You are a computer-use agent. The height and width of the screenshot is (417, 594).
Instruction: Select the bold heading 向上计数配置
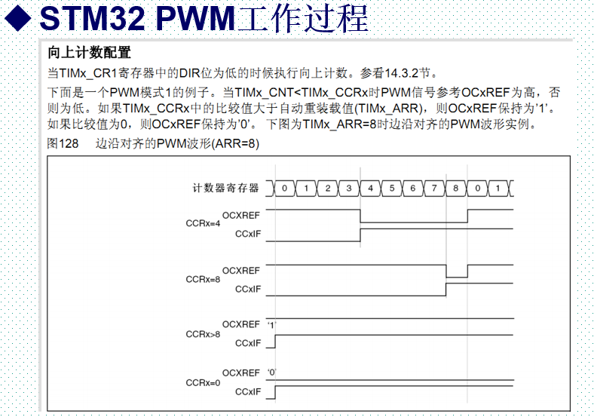coord(90,53)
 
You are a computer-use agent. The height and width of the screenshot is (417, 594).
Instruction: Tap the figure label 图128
coord(63,143)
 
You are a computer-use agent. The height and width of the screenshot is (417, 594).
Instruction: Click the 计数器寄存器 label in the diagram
coord(225,188)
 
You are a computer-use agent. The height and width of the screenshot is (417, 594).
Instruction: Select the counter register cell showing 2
coord(328,188)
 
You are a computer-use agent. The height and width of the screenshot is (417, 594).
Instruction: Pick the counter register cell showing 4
coord(371,188)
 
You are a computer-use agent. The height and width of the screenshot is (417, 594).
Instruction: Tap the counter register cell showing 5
coord(392,188)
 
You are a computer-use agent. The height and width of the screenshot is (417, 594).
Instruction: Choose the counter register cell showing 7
coord(434,188)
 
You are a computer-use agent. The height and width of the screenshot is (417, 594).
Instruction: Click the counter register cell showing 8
coord(456,188)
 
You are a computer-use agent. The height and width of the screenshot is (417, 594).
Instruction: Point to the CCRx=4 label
coord(203,224)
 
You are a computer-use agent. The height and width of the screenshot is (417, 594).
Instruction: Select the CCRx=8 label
coord(203,279)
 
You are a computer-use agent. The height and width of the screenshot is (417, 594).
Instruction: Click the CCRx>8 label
coord(203,333)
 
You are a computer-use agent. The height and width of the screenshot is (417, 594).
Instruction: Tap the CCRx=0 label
coord(203,382)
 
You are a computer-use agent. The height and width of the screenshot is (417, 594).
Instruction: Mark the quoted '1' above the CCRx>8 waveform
coord(273,324)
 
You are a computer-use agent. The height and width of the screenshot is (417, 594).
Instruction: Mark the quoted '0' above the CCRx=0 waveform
coord(273,373)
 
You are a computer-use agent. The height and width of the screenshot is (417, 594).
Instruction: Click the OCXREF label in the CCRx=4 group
coord(241,215)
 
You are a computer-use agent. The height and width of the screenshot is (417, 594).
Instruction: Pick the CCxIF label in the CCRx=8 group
coord(248,290)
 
